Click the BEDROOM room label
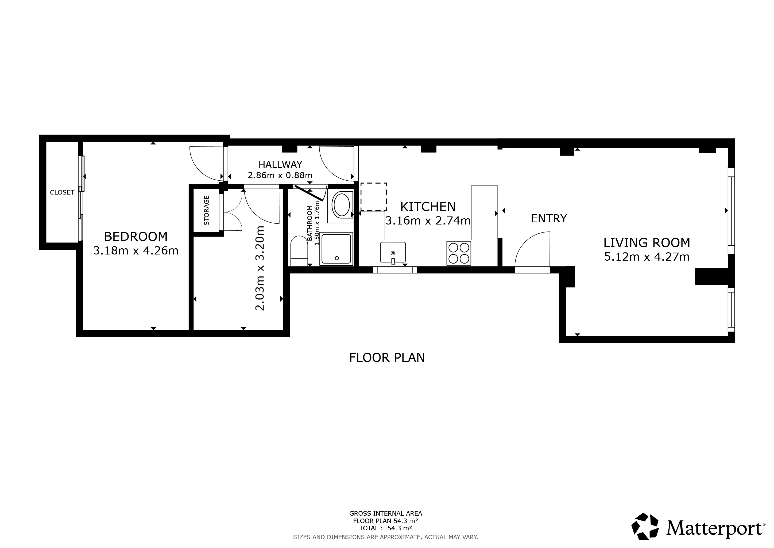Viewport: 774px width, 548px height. [136, 237]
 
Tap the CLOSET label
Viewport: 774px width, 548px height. [62, 192]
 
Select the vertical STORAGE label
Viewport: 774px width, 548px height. [207, 210]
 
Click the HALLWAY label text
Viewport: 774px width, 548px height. [280, 164]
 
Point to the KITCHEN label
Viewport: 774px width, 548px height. [428, 206]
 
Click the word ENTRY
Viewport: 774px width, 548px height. [549, 219]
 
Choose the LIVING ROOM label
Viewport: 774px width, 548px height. [647, 243]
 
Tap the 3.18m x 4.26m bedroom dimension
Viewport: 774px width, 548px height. [136, 251]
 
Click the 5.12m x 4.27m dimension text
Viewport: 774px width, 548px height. [647, 257]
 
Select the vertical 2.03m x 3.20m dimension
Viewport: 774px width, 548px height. [260, 268]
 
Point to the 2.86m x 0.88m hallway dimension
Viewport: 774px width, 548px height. [280, 175]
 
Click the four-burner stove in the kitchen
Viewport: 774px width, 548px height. [459, 253]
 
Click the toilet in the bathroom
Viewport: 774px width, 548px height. [299, 251]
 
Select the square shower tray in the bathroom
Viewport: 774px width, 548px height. [336, 249]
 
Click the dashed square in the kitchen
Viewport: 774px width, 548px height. [374, 197]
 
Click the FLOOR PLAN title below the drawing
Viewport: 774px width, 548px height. [387, 358]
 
